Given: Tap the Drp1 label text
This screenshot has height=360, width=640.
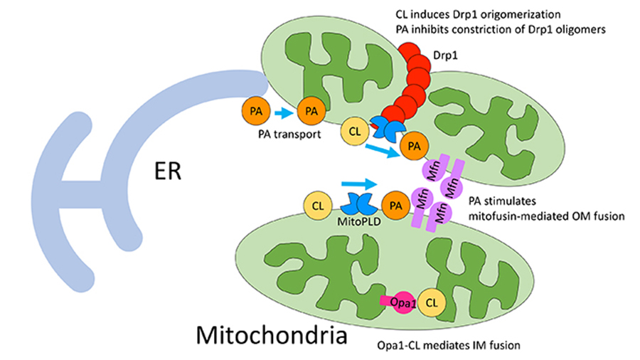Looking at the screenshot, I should (447, 54).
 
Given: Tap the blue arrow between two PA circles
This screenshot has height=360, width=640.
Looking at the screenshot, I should (282, 111).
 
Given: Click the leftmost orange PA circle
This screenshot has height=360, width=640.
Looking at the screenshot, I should (255, 112).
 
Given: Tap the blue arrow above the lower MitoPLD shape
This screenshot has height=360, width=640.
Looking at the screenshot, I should (357, 183).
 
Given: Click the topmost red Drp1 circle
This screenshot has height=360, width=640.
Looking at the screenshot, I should (408, 52).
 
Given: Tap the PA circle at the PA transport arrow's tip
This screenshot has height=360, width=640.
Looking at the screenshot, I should (310, 112).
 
